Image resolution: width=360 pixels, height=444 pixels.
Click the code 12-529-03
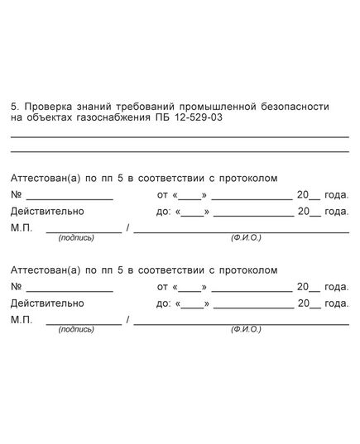point(199,119)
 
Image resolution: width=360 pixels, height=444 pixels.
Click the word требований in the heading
point(146,107)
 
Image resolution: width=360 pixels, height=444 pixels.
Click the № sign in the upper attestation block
point(16,195)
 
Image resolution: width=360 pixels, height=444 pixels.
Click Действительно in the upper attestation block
point(47,212)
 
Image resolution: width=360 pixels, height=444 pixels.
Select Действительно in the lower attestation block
point(47,303)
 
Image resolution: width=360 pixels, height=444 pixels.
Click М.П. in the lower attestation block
point(22,319)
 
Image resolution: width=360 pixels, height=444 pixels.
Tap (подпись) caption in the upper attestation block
point(76,237)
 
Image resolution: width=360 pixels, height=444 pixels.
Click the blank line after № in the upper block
point(70,199)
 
